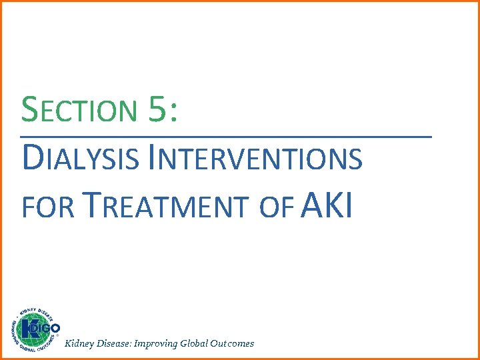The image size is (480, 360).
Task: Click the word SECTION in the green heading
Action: point(78,110)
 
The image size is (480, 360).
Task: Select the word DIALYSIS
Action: point(81,159)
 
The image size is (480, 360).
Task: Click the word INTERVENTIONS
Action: point(257,159)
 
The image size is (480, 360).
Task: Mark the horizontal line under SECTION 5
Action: point(227,137)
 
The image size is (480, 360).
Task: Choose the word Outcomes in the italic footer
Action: point(233,343)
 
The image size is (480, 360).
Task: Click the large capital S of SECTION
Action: point(29,109)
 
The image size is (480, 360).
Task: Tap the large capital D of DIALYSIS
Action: point(31,158)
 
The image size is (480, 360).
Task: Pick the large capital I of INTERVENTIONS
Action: point(153,158)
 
